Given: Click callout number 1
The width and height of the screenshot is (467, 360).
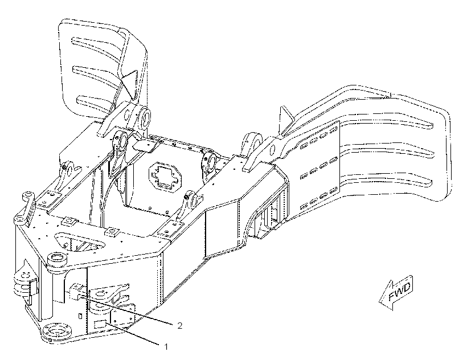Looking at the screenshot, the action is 166,347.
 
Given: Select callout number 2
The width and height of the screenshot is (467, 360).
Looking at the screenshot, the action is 179,326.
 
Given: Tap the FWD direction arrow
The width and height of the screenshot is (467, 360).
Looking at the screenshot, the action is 396,293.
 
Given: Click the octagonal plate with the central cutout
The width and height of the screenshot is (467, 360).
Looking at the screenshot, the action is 163,177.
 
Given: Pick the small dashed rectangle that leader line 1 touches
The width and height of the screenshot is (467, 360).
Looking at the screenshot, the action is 100,324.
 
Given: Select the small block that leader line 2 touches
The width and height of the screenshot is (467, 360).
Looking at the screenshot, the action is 76,292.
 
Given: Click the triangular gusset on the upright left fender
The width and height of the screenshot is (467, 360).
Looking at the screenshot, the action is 130,84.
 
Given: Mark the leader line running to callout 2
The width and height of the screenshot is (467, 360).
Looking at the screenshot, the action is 127,310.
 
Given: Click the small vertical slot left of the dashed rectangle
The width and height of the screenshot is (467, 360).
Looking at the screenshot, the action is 80,316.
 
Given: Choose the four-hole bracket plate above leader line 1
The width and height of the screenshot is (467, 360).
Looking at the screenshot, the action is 122,316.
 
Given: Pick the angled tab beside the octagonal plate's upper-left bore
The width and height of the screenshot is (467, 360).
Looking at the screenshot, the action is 145,145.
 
